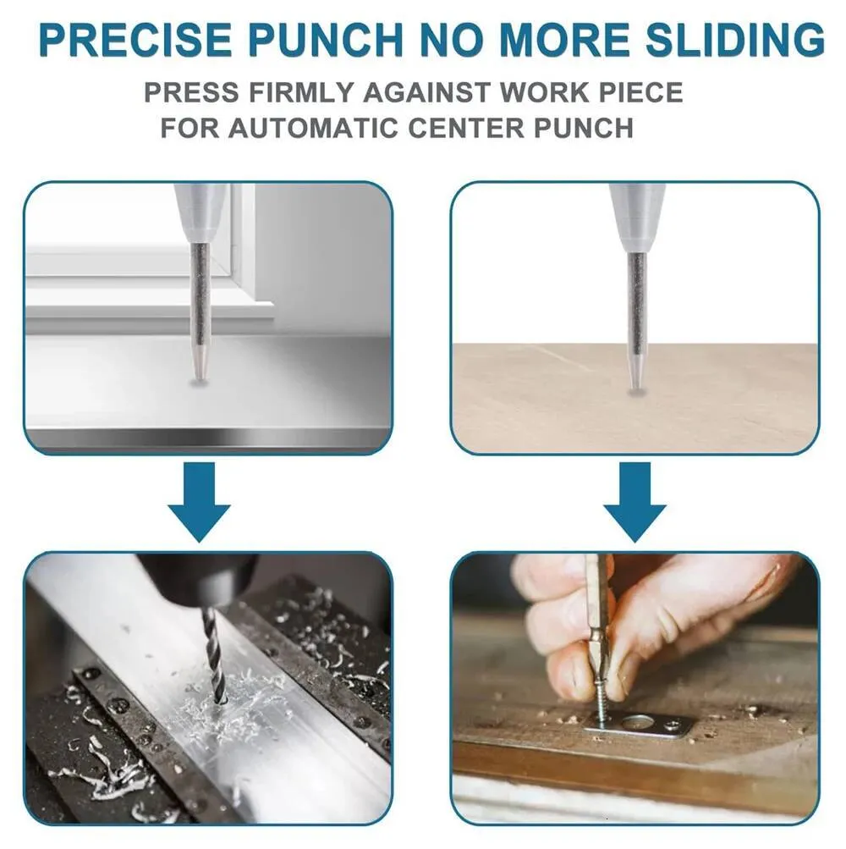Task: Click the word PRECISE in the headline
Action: point(135,40)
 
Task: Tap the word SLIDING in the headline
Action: point(734,40)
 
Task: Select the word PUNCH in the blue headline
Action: point(325,40)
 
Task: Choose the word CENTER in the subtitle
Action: point(465,128)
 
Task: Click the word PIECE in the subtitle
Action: point(640,92)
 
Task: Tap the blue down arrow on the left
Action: point(199,501)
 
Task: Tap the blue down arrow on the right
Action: point(634,501)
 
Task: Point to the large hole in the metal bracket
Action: point(639,722)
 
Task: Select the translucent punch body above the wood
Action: point(636,218)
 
